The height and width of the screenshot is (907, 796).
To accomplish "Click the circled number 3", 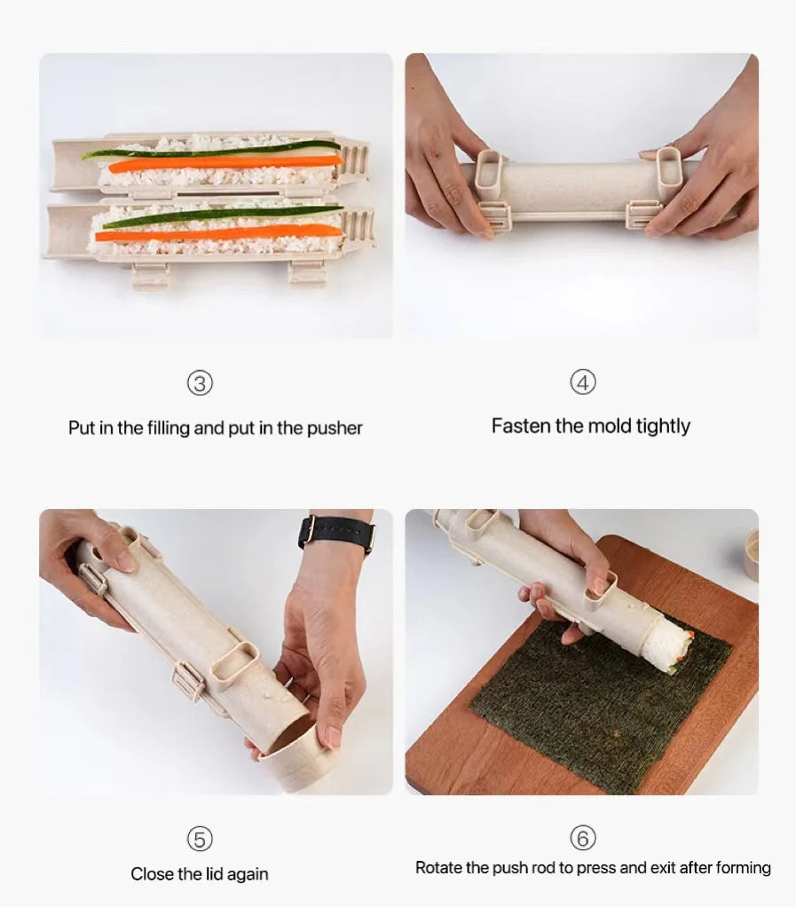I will (x=201, y=383).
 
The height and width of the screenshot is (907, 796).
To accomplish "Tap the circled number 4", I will (x=582, y=382).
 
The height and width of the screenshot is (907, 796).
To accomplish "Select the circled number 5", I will (x=200, y=839).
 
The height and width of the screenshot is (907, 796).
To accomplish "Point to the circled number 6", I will (x=582, y=838).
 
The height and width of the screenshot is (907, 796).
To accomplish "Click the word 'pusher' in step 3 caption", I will (x=335, y=428).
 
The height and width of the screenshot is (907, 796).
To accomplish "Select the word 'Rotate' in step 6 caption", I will (x=440, y=867).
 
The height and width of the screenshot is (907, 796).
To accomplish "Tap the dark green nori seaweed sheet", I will (x=586, y=709).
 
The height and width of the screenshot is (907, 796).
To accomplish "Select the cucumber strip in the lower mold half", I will (x=222, y=215).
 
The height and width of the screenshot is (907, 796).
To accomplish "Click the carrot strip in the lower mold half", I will (x=217, y=233).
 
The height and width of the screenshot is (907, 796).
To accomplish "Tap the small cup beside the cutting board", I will (x=751, y=554).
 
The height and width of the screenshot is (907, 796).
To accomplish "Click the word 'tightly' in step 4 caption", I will (x=658, y=426).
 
